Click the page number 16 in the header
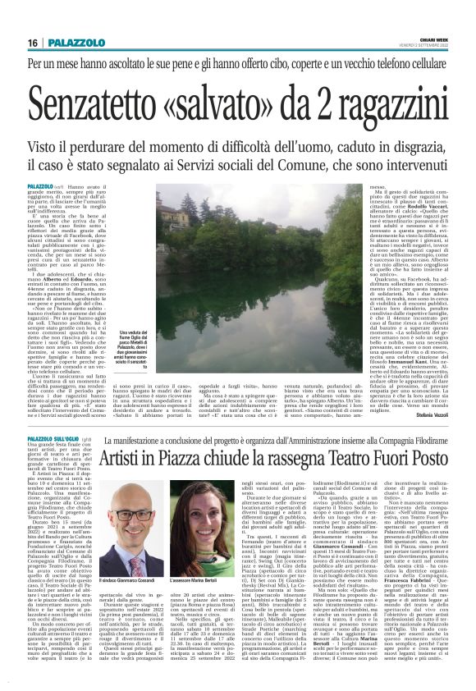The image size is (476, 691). tap(32, 43)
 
